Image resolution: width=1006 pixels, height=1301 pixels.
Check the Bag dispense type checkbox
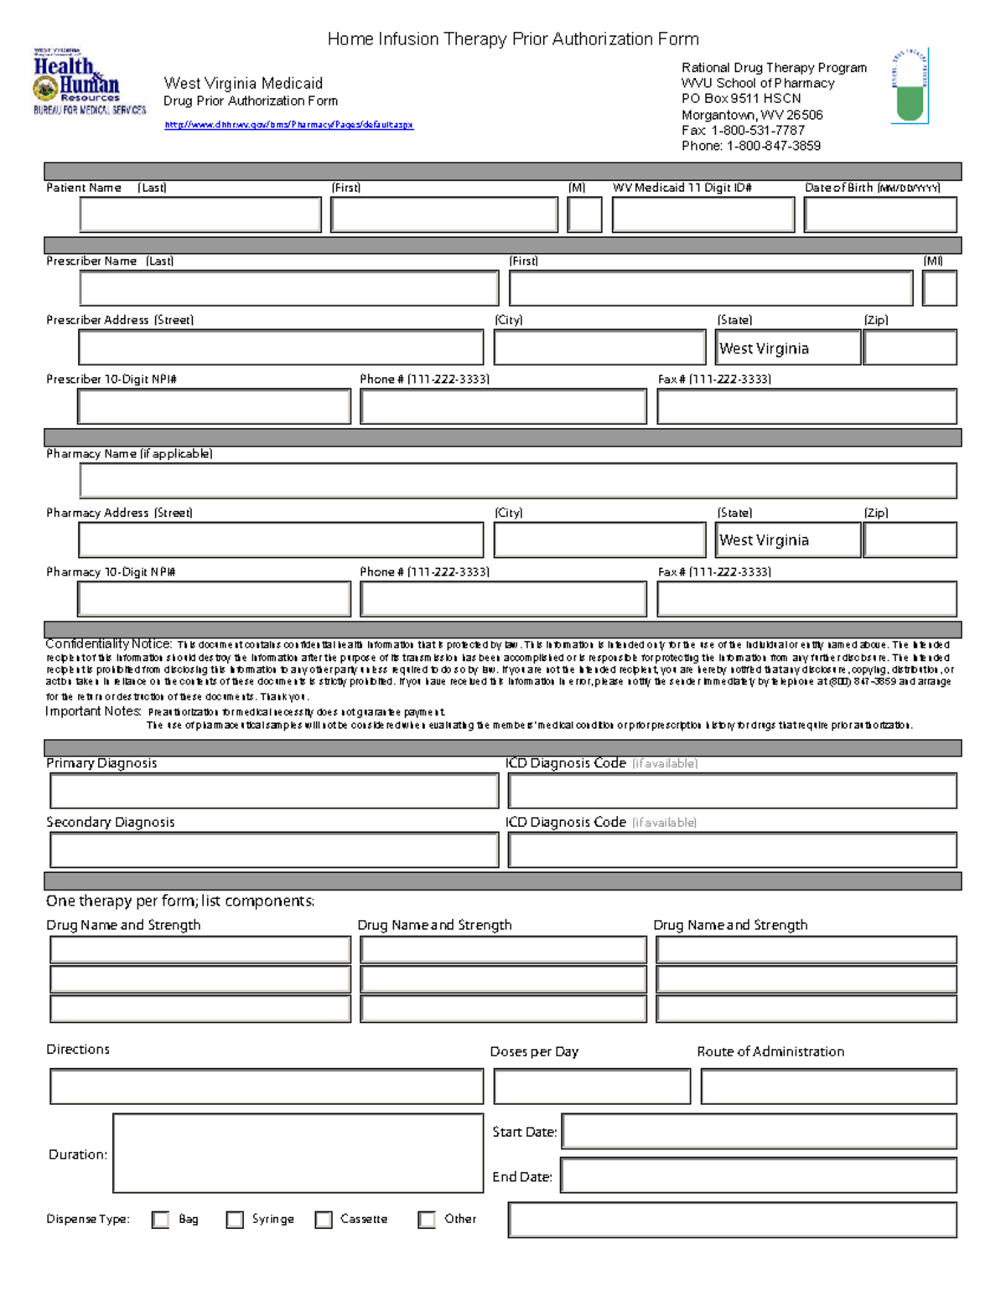[x=160, y=1220]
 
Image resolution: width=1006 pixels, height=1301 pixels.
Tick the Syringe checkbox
[x=235, y=1220]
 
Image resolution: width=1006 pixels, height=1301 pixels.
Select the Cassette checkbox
[x=324, y=1220]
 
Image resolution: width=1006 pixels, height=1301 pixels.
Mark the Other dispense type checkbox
[x=427, y=1220]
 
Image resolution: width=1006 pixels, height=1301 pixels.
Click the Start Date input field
[x=759, y=1131]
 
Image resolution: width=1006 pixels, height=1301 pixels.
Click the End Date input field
[x=759, y=1175]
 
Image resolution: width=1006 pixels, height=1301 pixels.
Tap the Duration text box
[x=298, y=1153]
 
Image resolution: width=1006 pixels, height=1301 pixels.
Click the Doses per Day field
[x=592, y=1087]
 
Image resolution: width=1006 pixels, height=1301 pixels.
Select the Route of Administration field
[x=828, y=1087]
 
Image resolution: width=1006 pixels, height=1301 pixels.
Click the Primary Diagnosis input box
[x=274, y=791]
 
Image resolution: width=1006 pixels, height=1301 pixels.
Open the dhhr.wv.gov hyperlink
[x=288, y=125]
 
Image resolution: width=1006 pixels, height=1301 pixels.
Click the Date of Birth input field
[x=880, y=214]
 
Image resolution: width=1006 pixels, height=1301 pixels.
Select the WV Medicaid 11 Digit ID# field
[x=703, y=214]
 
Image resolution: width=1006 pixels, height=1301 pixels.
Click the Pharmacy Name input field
[x=517, y=481]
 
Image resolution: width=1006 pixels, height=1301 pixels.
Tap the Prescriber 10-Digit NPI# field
[x=214, y=407]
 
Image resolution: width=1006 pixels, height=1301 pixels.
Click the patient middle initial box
[x=584, y=214]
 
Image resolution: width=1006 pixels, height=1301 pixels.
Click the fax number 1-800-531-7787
[x=758, y=131]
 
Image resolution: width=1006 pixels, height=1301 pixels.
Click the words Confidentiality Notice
[x=108, y=644]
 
